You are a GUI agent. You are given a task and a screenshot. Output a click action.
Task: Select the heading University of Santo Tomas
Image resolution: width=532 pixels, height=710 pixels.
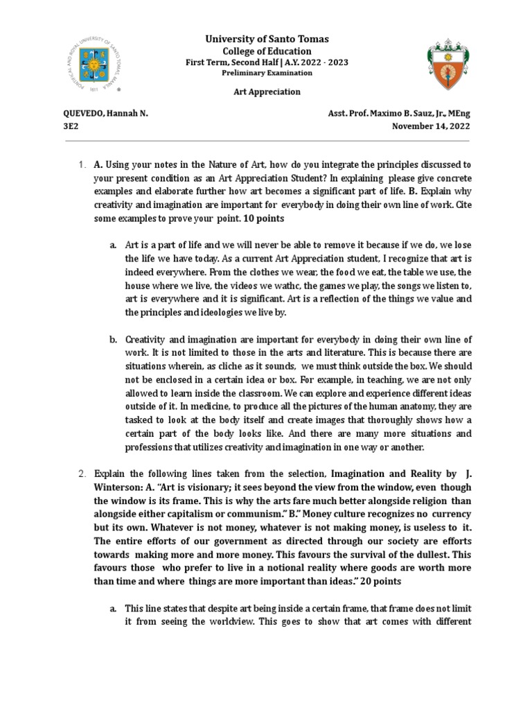tap(266, 39)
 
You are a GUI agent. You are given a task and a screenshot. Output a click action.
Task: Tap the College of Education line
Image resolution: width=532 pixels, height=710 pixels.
tap(266, 51)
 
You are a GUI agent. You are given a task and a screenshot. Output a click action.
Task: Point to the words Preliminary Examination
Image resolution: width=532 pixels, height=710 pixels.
tap(266, 73)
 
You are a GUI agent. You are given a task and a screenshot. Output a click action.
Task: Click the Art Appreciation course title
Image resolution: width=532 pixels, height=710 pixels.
tap(266, 92)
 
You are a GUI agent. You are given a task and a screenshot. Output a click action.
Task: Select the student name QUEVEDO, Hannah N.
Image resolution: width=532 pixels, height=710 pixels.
tap(106, 114)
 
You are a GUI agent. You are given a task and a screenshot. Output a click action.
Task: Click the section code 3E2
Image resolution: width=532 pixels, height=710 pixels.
tap(72, 126)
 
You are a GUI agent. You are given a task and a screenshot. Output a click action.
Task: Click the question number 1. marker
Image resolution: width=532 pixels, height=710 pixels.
tap(82, 164)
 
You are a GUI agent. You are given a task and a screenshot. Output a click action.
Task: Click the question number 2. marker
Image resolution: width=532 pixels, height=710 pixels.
tap(82, 474)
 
